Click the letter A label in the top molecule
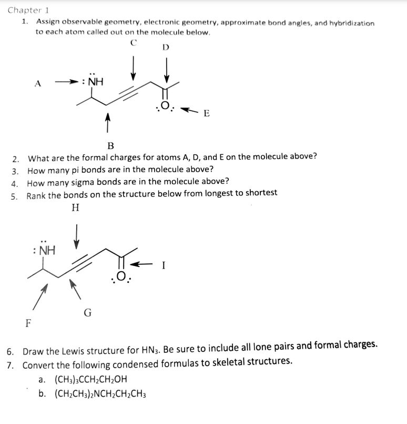click(x=37, y=83)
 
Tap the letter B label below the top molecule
click(x=110, y=145)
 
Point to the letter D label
click(x=166, y=47)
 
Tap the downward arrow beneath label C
click(x=134, y=66)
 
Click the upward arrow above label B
click(x=108, y=123)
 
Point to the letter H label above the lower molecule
click(x=75, y=208)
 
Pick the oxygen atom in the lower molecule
click(x=120, y=275)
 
